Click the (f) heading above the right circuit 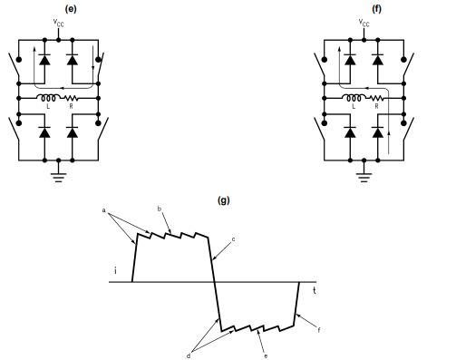364,8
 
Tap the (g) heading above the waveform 224,199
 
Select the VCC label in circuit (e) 60,24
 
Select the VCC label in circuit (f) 364,24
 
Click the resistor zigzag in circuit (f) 377,98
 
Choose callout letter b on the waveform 159,209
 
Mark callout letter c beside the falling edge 234,238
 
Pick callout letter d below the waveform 189,355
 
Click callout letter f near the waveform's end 318,331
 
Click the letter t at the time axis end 315,290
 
